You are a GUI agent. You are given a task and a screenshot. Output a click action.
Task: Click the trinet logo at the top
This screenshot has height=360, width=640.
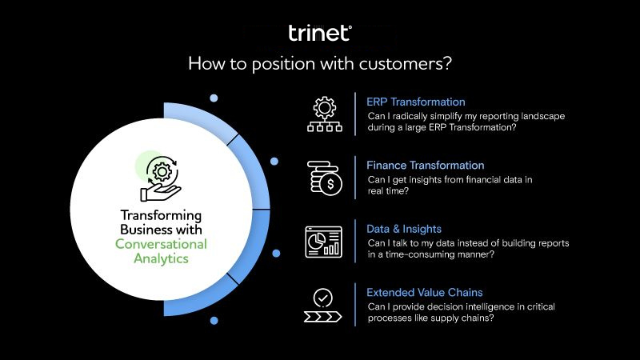click(x=319, y=33)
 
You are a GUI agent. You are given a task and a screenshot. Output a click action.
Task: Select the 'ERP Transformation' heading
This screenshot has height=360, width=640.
click(x=415, y=102)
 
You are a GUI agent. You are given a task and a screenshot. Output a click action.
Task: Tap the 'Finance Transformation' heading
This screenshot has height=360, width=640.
click(x=425, y=166)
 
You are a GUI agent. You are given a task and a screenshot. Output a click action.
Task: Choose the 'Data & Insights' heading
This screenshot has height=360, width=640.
click(x=404, y=229)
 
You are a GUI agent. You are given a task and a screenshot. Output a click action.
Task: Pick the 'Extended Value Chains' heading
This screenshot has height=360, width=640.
click(x=424, y=292)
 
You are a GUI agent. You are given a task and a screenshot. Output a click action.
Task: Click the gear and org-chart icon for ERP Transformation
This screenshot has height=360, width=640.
click(x=324, y=114)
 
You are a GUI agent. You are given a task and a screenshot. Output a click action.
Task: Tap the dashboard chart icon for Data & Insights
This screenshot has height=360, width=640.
click(x=324, y=241)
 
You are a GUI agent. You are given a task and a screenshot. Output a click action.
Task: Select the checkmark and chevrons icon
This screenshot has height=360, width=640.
click(x=323, y=304)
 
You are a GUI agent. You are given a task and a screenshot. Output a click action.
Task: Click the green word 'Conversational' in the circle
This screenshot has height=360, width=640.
click(x=161, y=244)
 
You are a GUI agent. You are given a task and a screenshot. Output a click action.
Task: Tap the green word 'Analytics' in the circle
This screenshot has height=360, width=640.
click(x=161, y=258)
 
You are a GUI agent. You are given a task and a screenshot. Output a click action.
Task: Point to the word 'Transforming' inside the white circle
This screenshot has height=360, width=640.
click(x=161, y=215)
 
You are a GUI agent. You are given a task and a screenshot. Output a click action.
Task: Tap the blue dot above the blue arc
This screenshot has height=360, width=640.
click(x=214, y=98)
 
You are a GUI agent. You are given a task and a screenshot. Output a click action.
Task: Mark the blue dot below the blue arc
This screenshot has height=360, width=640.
click(x=214, y=320)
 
